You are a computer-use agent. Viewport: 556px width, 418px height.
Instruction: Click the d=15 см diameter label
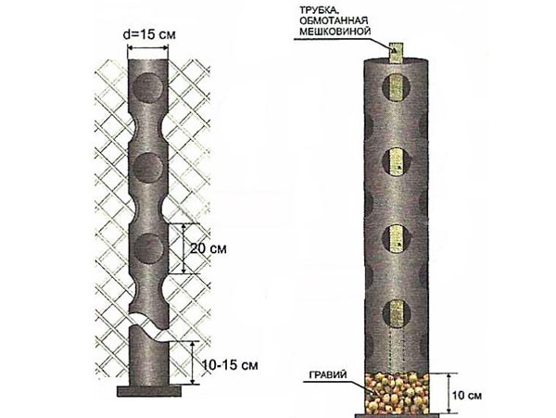point(149,34)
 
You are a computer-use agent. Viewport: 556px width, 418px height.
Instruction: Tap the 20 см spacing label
point(208,248)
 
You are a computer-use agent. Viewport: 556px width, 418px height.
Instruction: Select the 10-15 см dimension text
point(230,364)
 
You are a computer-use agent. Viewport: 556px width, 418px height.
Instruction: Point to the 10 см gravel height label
point(467,396)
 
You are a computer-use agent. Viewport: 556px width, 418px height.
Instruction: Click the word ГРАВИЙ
point(328,375)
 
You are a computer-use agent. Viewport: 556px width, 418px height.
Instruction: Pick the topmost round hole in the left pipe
point(148,88)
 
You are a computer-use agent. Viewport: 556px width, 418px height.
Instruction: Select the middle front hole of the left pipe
point(148,168)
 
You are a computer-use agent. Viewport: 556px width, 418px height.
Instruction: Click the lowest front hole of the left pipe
point(148,248)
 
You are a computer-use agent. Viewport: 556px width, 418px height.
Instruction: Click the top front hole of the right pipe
point(397,87)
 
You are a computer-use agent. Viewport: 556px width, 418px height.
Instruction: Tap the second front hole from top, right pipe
point(397,162)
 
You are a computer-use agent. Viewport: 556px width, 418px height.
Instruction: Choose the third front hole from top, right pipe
point(397,238)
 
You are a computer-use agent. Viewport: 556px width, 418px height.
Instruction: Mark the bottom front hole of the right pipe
point(397,313)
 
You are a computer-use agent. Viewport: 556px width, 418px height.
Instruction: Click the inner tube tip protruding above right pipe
point(397,53)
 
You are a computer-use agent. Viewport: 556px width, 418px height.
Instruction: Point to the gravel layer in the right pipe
point(397,392)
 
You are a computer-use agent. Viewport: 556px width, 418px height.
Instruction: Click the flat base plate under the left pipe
point(149,391)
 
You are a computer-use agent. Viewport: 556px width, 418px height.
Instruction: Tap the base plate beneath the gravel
point(398,415)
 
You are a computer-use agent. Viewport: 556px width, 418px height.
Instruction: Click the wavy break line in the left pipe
point(149,326)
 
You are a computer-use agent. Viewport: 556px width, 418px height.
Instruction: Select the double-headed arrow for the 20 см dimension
point(183,248)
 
